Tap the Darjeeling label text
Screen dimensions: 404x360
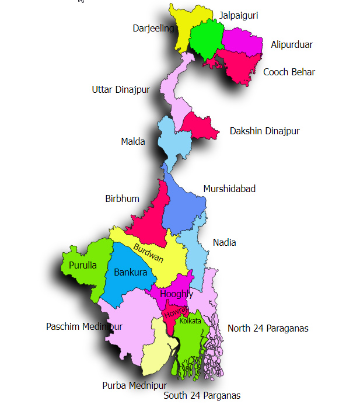[153, 28]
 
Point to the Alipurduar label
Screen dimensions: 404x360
[292, 44]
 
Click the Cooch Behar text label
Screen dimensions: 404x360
[289, 72]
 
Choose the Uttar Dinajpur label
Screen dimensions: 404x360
[121, 89]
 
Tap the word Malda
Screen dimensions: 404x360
[133, 141]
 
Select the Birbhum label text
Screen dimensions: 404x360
[122, 198]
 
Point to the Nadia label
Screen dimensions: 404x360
[225, 242]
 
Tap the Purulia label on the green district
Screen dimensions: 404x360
[83, 265]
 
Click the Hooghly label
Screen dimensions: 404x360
[176, 294]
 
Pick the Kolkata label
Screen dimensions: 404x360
[190, 321]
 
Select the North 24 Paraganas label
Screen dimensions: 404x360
[268, 328]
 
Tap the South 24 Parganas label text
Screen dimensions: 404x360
[202, 395]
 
